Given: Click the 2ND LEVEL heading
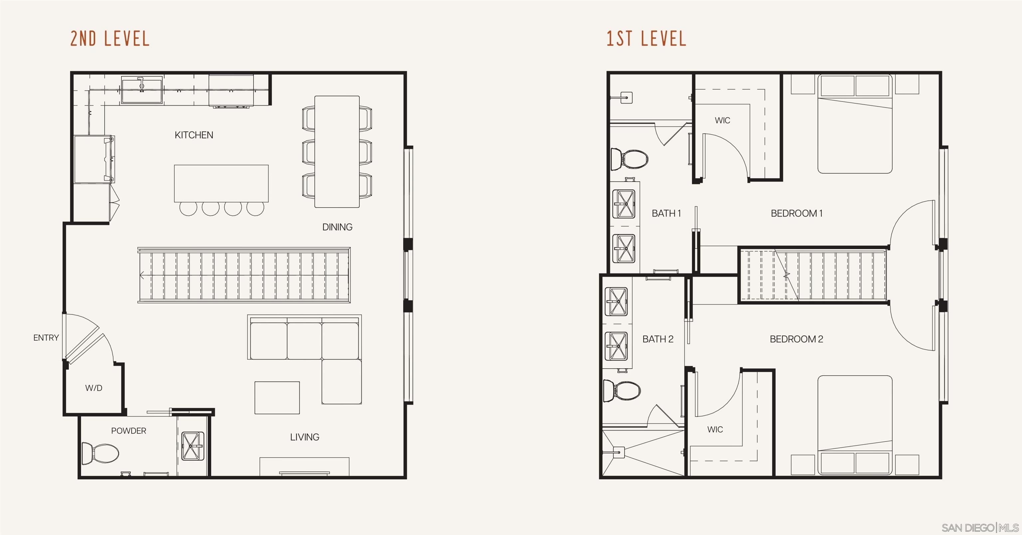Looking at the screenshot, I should click(x=110, y=39).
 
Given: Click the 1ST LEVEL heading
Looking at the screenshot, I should click(x=646, y=39).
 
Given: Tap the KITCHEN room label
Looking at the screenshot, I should click(x=194, y=135).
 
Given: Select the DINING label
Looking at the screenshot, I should click(x=337, y=227).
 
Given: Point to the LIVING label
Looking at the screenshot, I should click(x=304, y=437).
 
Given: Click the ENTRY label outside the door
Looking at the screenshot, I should click(x=46, y=338).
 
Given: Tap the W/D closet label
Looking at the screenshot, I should click(x=93, y=388).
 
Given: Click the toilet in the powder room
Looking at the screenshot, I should click(x=101, y=453).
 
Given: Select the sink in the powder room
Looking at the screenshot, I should click(x=192, y=446).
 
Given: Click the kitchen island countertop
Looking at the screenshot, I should click(x=221, y=183).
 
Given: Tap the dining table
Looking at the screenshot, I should click(x=337, y=152).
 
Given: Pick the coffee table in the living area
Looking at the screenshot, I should click(x=277, y=398).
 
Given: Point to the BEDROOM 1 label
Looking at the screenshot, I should click(x=796, y=213).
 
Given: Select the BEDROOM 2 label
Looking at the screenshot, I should click(x=796, y=339).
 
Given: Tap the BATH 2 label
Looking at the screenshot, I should click(x=658, y=339).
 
